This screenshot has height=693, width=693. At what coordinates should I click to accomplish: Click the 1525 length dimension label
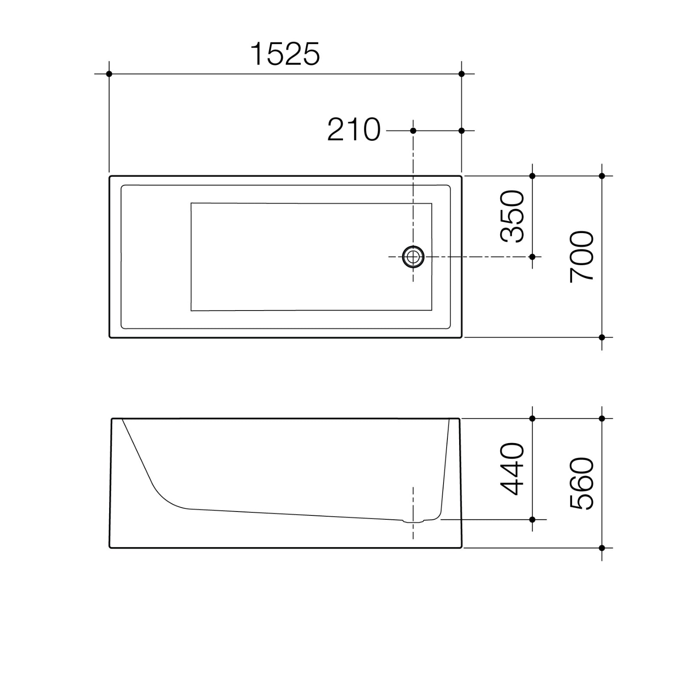tap(285, 55)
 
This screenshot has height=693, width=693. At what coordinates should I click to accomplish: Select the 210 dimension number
tap(354, 130)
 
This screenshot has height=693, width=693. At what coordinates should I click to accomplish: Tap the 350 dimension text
tap(512, 216)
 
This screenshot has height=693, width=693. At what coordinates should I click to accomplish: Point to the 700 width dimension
tap(582, 257)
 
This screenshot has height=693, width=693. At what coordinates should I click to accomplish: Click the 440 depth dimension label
tap(512, 469)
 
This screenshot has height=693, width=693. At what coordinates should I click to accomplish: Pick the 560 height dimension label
tap(582, 483)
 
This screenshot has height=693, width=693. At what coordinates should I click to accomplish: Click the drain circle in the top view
tap(413, 257)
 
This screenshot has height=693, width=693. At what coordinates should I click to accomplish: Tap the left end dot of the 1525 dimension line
tap(109, 74)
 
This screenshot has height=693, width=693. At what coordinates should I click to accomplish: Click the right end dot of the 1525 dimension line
tap(461, 74)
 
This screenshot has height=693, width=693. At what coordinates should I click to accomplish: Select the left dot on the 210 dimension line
tap(413, 130)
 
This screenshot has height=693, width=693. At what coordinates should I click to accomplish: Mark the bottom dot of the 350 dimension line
tap(532, 257)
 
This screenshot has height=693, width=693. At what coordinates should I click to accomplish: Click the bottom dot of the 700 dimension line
tap(602, 337)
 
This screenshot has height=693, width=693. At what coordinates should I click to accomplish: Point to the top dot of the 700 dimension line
tap(602, 176)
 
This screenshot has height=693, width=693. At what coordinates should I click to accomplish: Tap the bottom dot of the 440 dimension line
tap(532, 519)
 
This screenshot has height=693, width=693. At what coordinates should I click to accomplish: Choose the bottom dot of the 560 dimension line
tap(602, 548)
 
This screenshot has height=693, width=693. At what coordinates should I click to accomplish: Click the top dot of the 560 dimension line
tap(602, 418)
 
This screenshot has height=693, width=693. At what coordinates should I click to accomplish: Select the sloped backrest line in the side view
tap(137, 450)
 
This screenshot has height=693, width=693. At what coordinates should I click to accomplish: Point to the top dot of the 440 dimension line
tap(532, 418)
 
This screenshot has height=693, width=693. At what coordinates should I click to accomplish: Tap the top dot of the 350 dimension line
tap(532, 176)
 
